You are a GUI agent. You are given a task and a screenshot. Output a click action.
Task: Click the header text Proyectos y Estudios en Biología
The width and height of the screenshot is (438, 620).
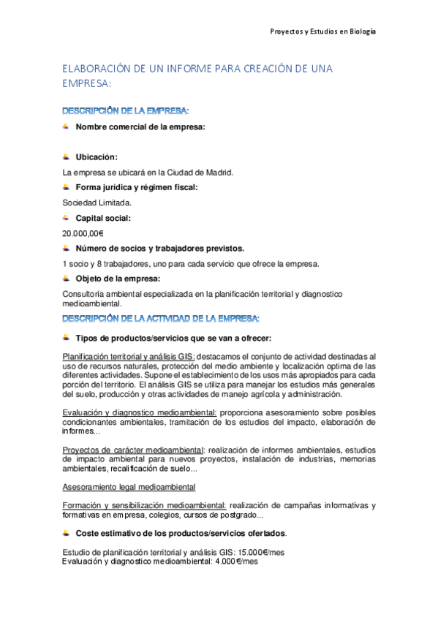tap(322, 32)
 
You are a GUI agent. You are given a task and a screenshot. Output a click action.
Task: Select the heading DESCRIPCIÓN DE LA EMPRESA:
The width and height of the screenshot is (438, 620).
tap(126, 111)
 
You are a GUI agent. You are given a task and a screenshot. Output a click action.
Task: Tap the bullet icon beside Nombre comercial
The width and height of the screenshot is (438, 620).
tap(66, 127)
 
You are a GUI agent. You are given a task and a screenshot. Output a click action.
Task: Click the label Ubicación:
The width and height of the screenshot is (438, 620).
tap(97, 157)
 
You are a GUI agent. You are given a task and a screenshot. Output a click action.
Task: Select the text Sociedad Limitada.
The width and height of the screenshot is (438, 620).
tap(97, 203)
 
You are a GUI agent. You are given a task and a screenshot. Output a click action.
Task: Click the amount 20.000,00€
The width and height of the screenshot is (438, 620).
tap(83, 233)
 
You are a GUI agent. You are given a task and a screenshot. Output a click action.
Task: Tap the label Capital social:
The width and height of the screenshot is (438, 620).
tap(103, 218)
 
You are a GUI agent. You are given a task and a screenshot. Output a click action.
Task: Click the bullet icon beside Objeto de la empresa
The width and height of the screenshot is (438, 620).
tap(66, 279)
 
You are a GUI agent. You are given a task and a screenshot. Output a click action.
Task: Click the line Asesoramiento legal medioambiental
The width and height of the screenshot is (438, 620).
tap(129, 487)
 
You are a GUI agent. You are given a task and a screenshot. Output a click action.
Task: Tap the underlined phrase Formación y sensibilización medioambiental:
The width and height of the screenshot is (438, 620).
tap(145, 506)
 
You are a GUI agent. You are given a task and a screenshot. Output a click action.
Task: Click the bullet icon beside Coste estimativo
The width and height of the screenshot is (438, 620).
tap(66, 533)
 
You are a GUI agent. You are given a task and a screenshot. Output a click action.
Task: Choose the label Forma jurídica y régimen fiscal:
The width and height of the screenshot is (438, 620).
tap(137, 188)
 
